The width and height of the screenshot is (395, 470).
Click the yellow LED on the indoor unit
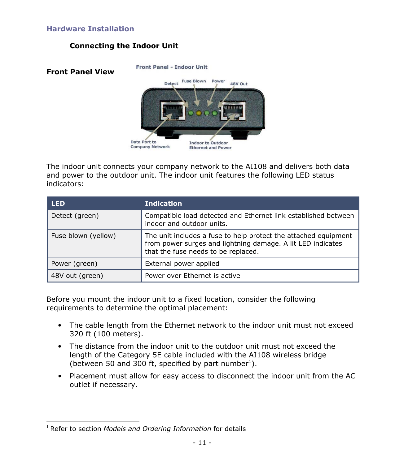tap(199, 113)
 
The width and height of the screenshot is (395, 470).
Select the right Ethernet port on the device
tap(233, 111)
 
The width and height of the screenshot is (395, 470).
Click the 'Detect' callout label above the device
tap(171, 84)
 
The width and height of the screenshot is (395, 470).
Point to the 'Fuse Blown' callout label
tap(194, 81)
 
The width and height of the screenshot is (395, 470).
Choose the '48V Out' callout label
tap(239, 84)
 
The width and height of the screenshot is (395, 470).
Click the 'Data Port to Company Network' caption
tap(150, 144)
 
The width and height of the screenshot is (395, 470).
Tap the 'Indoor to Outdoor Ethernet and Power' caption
tap(210, 145)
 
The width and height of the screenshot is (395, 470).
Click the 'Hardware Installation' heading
tap(90, 29)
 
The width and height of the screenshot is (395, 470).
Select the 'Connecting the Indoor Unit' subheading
tap(124, 46)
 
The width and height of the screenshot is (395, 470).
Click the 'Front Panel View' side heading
tap(80, 72)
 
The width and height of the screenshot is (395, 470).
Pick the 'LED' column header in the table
tap(58, 204)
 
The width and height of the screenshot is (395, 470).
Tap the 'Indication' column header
tap(163, 204)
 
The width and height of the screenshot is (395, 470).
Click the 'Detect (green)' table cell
tap(75, 216)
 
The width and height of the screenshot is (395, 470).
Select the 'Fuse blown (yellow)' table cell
tap(83, 236)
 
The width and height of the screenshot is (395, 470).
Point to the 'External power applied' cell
tap(182, 264)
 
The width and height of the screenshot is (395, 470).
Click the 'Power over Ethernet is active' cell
tap(192, 276)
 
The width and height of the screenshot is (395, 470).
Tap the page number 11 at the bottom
tap(202, 443)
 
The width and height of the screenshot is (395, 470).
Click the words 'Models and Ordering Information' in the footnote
tap(157, 429)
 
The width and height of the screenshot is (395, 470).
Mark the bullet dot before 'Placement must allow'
tap(59, 376)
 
